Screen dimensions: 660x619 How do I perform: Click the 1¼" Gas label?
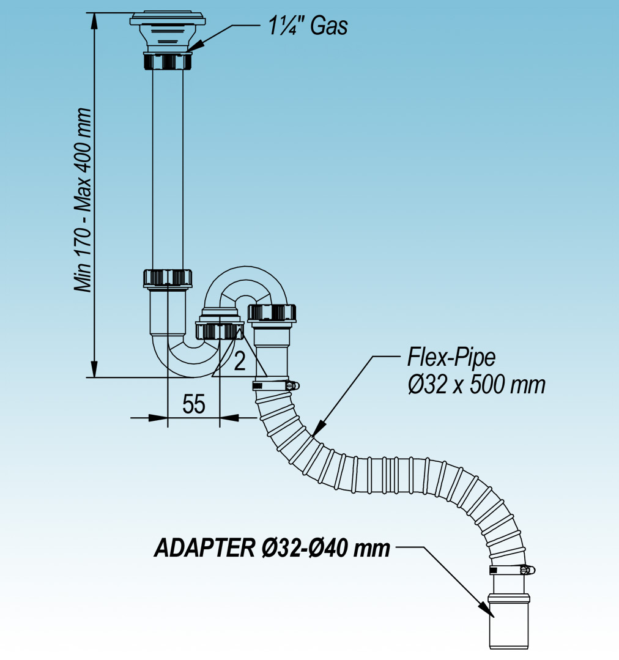click(x=308, y=26)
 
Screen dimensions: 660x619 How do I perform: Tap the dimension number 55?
click(x=193, y=404)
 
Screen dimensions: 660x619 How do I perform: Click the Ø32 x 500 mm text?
click(x=475, y=385)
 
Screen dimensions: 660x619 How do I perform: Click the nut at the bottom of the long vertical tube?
click(x=168, y=278)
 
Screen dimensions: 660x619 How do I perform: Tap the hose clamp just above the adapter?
click(x=512, y=570)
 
